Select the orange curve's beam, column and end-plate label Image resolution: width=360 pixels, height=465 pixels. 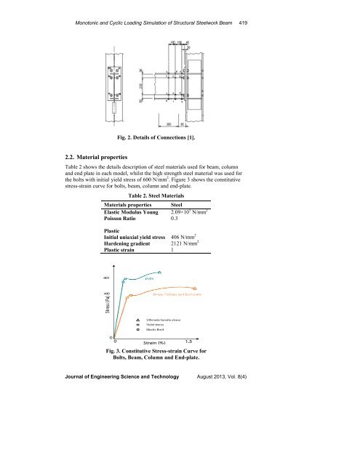[177, 294]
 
